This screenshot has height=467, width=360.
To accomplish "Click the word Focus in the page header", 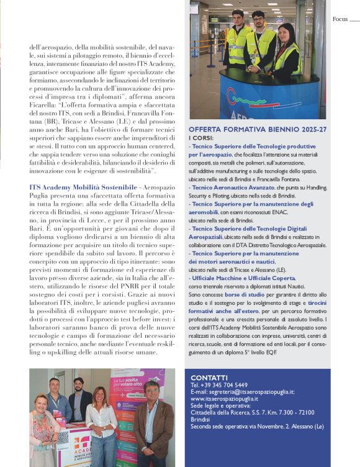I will click(340, 19).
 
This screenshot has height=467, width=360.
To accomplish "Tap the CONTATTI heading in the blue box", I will click(209, 377).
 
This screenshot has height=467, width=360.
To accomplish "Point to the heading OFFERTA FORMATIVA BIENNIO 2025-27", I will click(257, 129).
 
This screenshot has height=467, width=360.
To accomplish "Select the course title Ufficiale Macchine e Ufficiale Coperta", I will click(243, 278).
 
